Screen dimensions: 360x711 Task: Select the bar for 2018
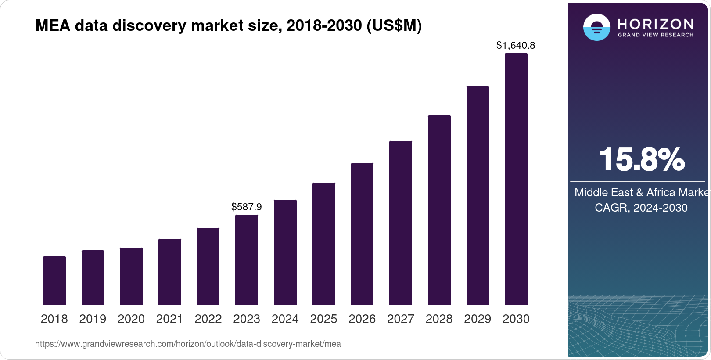[54, 281]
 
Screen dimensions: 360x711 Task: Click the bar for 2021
[170, 272]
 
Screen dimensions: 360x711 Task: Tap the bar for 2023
[247, 259]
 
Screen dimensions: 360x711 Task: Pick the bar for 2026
[362, 234]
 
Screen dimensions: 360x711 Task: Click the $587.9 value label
[247, 207]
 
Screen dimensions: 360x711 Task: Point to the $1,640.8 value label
[516, 46]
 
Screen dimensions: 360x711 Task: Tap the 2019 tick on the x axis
[93, 319]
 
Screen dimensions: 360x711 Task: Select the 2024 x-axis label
[285, 319]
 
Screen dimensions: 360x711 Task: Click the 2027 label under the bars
[401, 319]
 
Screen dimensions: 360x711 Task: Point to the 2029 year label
[478, 319]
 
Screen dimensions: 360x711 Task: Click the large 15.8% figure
[641, 160]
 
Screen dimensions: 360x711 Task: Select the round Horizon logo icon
[596, 28]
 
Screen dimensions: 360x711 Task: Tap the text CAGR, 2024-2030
[641, 208]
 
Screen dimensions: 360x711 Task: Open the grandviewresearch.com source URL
[188, 344]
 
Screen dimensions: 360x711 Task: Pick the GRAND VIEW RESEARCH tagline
[655, 35]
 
